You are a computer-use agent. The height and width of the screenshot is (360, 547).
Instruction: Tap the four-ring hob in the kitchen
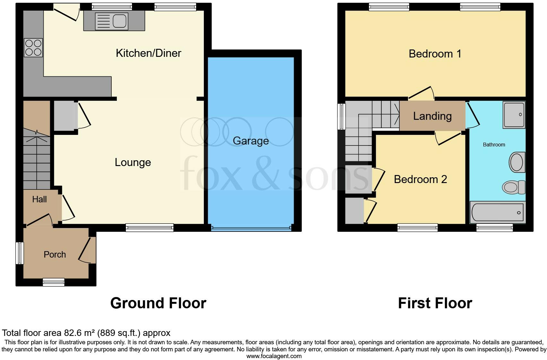(33, 48)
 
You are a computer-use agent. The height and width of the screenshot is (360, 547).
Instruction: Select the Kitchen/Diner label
(148, 53)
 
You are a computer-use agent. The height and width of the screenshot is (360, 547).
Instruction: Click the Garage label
(251, 141)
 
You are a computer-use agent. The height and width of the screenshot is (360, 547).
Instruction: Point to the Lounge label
(133, 162)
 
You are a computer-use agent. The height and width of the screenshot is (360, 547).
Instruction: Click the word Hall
(39, 199)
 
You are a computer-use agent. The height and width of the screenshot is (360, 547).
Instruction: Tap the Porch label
(55, 255)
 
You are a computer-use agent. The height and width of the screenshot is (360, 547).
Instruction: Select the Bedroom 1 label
(435, 54)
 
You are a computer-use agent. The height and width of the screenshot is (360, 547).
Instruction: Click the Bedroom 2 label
(420, 179)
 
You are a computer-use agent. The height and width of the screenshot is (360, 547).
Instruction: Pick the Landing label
(432, 116)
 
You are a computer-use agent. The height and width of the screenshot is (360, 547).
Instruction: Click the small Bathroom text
(494, 145)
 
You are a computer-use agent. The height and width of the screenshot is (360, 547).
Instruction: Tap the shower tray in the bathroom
(514, 115)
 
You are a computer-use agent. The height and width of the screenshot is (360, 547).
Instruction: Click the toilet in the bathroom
(513, 187)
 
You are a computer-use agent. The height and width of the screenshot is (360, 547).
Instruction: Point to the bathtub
(497, 212)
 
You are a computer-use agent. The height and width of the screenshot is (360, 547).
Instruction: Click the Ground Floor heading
(158, 303)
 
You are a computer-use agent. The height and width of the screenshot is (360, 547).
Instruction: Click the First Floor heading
(435, 303)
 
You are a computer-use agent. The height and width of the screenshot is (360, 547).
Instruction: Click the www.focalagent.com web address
(274, 356)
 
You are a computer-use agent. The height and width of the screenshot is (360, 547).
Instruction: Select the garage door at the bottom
(251, 228)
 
